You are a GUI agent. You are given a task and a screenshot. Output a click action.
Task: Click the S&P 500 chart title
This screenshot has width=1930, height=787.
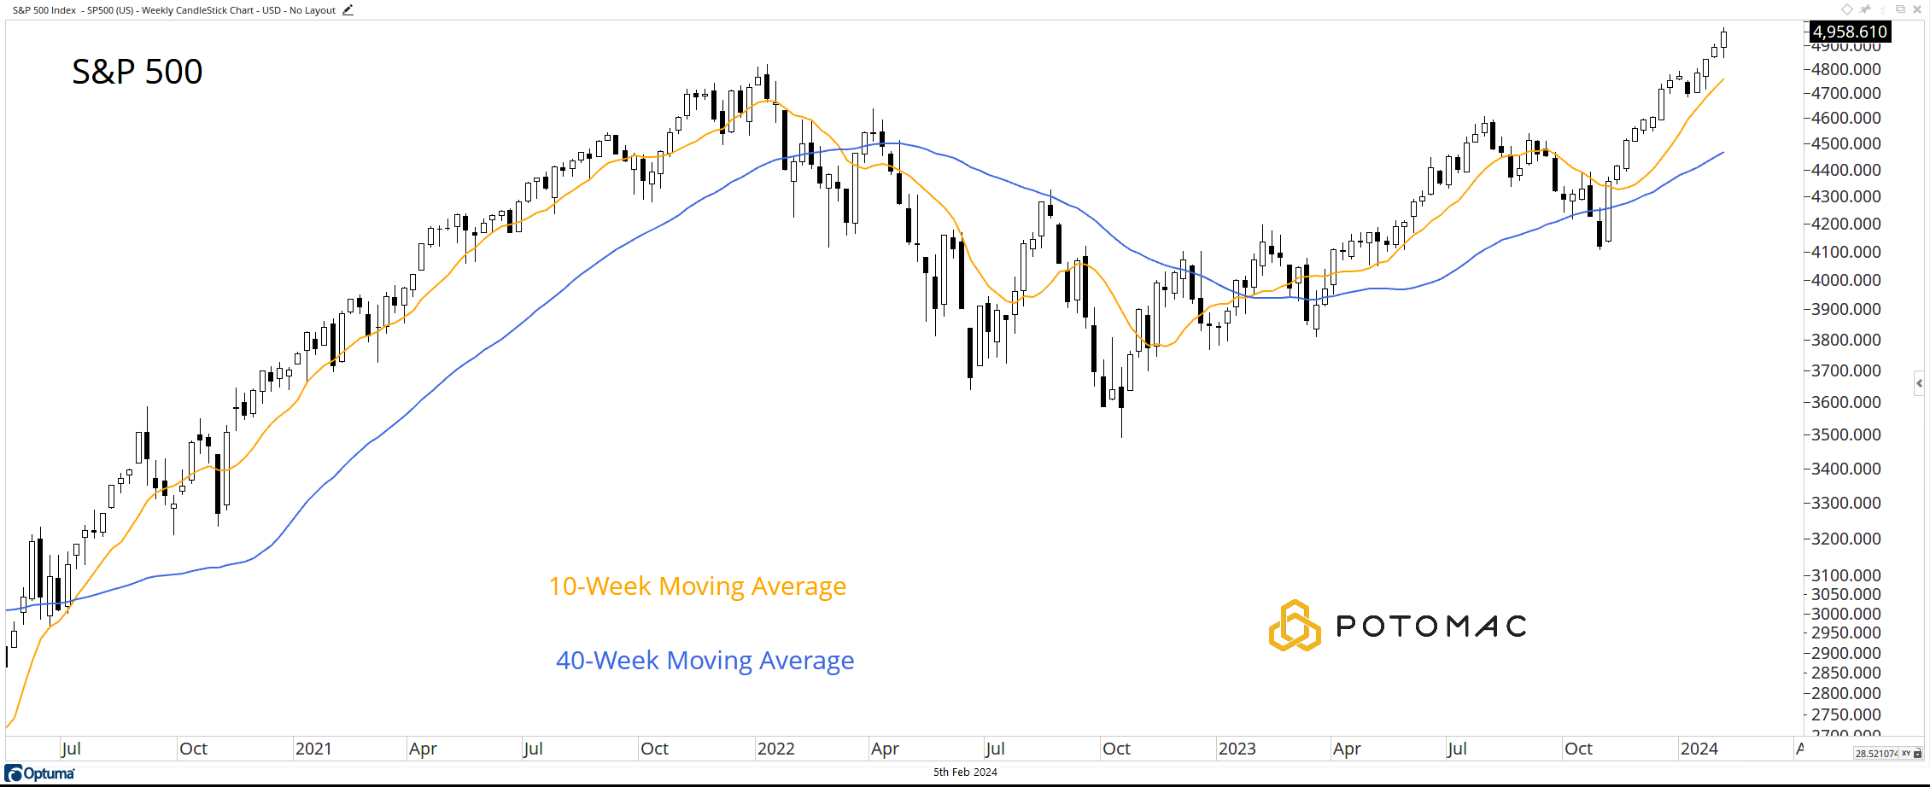point(137,72)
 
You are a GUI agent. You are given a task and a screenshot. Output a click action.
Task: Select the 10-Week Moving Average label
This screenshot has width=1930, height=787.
point(697,586)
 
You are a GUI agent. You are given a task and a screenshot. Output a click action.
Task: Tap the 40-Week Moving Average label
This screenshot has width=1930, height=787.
point(705,661)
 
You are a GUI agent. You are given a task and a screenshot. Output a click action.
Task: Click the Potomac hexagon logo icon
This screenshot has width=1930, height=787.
point(1294,626)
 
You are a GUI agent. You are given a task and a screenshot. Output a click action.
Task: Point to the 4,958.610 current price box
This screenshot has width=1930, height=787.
point(1849,32)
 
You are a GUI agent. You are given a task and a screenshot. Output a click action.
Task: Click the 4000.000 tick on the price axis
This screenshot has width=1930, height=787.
point(1845,280)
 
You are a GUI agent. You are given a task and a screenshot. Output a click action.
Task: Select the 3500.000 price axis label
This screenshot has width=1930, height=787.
point(1845,434)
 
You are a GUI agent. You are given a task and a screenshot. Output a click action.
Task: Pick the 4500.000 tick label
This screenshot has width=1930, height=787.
point(1845,143)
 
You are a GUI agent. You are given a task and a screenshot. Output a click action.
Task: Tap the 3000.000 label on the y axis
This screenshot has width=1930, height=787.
point(1845,614)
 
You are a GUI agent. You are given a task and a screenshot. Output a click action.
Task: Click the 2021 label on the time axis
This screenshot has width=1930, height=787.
point(313,749)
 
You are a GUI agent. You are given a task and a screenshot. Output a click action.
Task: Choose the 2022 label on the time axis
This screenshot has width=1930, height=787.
point(775,749)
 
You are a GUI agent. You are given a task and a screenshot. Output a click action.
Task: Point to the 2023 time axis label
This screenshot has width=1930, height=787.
point(1237,749)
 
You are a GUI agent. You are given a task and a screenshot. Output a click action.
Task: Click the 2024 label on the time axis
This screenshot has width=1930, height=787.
point(1699,749)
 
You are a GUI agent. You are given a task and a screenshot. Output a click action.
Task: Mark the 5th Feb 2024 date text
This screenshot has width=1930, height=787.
point(965,772)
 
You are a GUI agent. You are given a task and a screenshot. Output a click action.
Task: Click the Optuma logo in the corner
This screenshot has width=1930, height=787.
point(40,773)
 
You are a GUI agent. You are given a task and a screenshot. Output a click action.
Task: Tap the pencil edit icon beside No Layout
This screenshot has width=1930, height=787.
point(348,10)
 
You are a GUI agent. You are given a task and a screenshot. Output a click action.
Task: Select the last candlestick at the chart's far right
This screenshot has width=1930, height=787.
point(1723,39)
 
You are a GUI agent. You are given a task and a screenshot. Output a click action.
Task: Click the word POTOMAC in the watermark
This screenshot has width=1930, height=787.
point(1430,627)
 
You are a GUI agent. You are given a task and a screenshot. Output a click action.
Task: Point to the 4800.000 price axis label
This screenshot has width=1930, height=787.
point(1845,69)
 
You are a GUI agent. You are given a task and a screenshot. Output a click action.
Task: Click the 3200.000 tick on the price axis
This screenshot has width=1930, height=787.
point(1845,539)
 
